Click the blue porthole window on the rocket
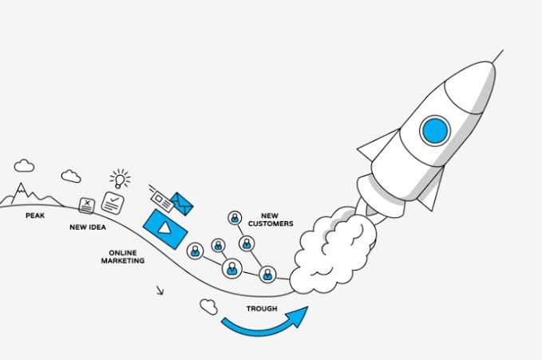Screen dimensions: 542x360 pyautogui.click(x=435, y=131)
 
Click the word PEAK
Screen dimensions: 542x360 pyautogui.click(x=35, y=216)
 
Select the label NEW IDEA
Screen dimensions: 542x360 pyautogui.click(x=88, y=227)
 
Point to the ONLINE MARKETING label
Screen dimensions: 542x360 pyautogui.click(x=123, y=256)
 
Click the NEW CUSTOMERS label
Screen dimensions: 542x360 pyautogui.click(x=271, y=220)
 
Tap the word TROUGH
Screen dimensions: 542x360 pyautogui.click(x=262, y=308)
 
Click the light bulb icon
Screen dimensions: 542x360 pyautogui.click(x=120, y=179)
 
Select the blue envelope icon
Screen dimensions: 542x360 pyautogui.click(x=181, y=204)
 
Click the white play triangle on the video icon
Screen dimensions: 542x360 pyautogui.click(x=164, y=228)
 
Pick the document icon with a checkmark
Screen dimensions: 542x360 pyautogui.click(x=113, y=203)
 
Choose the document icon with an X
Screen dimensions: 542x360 pyautogui.click(x=86, y=205)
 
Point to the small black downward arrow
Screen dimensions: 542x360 pyautogui.click(x=160, y=291)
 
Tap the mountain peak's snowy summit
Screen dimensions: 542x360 pyautogui.click(x=21, y=187)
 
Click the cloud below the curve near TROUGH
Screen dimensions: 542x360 pyautogui.click(x=208, y=307)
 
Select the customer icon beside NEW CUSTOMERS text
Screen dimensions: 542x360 pyautogui.click(x=235, y=218)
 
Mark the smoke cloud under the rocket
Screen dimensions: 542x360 pyautogui.click(x=332, y=250)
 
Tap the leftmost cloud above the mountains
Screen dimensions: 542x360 pyautogui.click(x=24, y=166)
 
